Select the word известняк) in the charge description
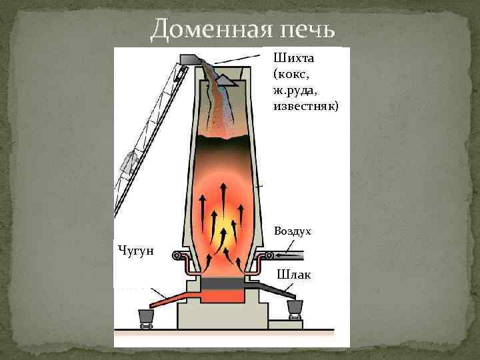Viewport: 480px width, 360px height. pyautogui.click(x=306, y=106)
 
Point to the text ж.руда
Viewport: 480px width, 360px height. pyautogui.click(x=292, y=89)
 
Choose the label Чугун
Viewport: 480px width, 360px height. pyautogui.click(x=135, y=250)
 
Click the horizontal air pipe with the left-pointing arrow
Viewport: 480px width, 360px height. pyautogui.click(x=287, y=255)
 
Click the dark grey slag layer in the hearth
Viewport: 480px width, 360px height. pyautogui.click(x=223, y=283)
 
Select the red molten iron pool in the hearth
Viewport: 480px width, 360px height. pyautogui.click(x=223, y=294)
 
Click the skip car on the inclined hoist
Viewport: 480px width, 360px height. pyautogui.click(x=129, y=160)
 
